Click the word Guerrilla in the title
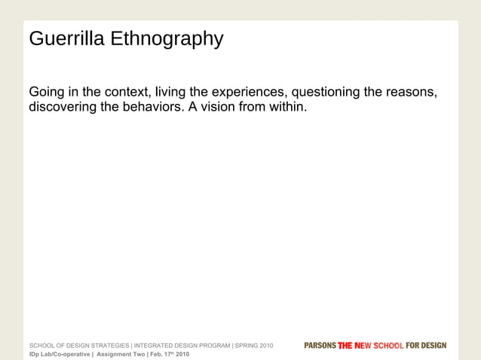[66, 38]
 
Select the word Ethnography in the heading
[167, 39]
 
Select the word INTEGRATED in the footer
[156, 346]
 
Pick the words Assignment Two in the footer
[121, 354]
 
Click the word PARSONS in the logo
[320, 346]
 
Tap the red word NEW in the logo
[369, 346]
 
